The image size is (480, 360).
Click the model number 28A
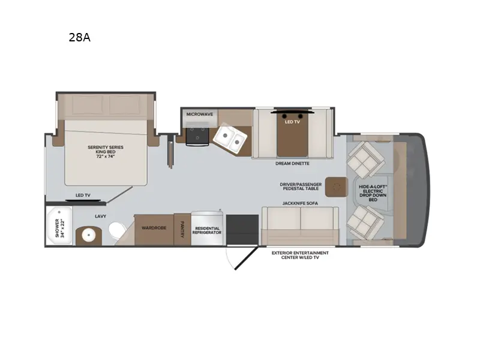pyautogui.click(x=80, y=38)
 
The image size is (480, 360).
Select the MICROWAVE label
pyautogui.click(x=199, y=113)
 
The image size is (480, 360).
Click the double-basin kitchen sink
pyautogui.click(x=230, y=137)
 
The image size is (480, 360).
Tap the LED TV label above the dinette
pyautogui.click(x=293, y=121)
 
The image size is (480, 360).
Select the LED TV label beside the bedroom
pyautogui.click(x=83, y=196)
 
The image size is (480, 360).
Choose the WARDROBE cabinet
pyautogui.click(x=154, y=229)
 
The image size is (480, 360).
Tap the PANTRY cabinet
pyautogui.click(x=182, y=229)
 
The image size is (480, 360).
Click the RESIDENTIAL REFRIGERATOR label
pyautogui.click(x=207, y=230)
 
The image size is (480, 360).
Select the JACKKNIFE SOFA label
pyautogui.click(x=300, y=203)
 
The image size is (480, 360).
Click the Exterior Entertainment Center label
pyautogui.click(x=300, y=256)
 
